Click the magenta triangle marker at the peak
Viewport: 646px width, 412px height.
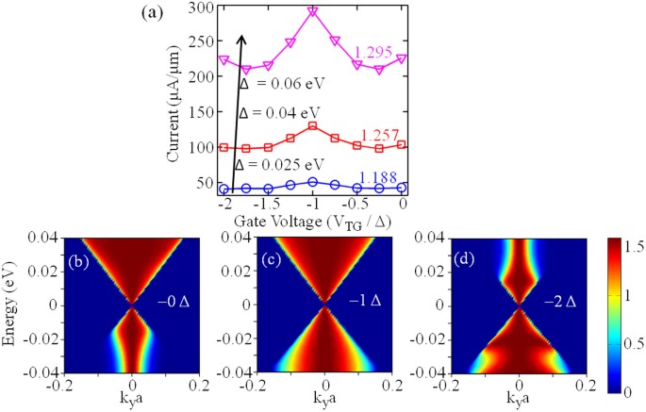[x=313, y=12]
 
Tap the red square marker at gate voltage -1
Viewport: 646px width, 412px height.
[x=313, y=126]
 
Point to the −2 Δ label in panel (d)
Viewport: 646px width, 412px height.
[x=554, y=301]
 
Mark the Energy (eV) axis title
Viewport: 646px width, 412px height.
[x=12, y=304]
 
